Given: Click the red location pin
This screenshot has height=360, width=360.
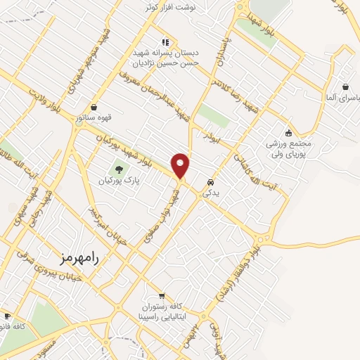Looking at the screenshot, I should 181,165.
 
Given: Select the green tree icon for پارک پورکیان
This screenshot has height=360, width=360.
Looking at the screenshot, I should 118,169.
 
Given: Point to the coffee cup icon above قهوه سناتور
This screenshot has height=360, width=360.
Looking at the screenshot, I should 94,107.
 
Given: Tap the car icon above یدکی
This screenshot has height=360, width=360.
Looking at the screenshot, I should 210,182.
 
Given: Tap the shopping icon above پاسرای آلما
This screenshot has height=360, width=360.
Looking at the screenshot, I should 345,87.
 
